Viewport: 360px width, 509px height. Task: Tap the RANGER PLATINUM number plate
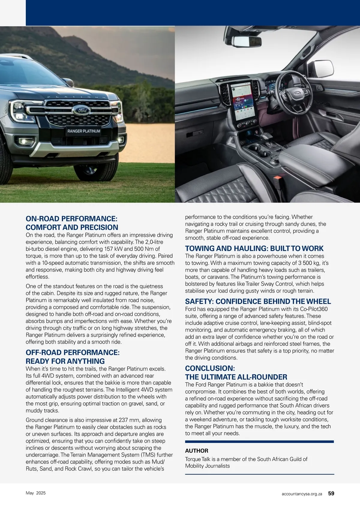[84, 131]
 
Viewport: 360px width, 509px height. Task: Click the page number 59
[331, 493]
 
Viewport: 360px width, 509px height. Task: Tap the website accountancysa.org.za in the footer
[302, 494]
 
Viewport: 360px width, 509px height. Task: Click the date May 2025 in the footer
[36, 493]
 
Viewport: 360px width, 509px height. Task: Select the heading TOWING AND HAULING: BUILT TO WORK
[254, 248]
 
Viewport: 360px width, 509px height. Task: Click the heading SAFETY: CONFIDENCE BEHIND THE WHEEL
[258, 301]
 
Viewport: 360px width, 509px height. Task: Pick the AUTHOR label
[196, 451]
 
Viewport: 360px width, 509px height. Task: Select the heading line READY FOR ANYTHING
[65, 361]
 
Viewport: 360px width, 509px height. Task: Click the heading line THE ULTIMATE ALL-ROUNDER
[236, 377]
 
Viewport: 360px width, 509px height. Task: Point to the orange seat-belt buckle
[278, 182]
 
